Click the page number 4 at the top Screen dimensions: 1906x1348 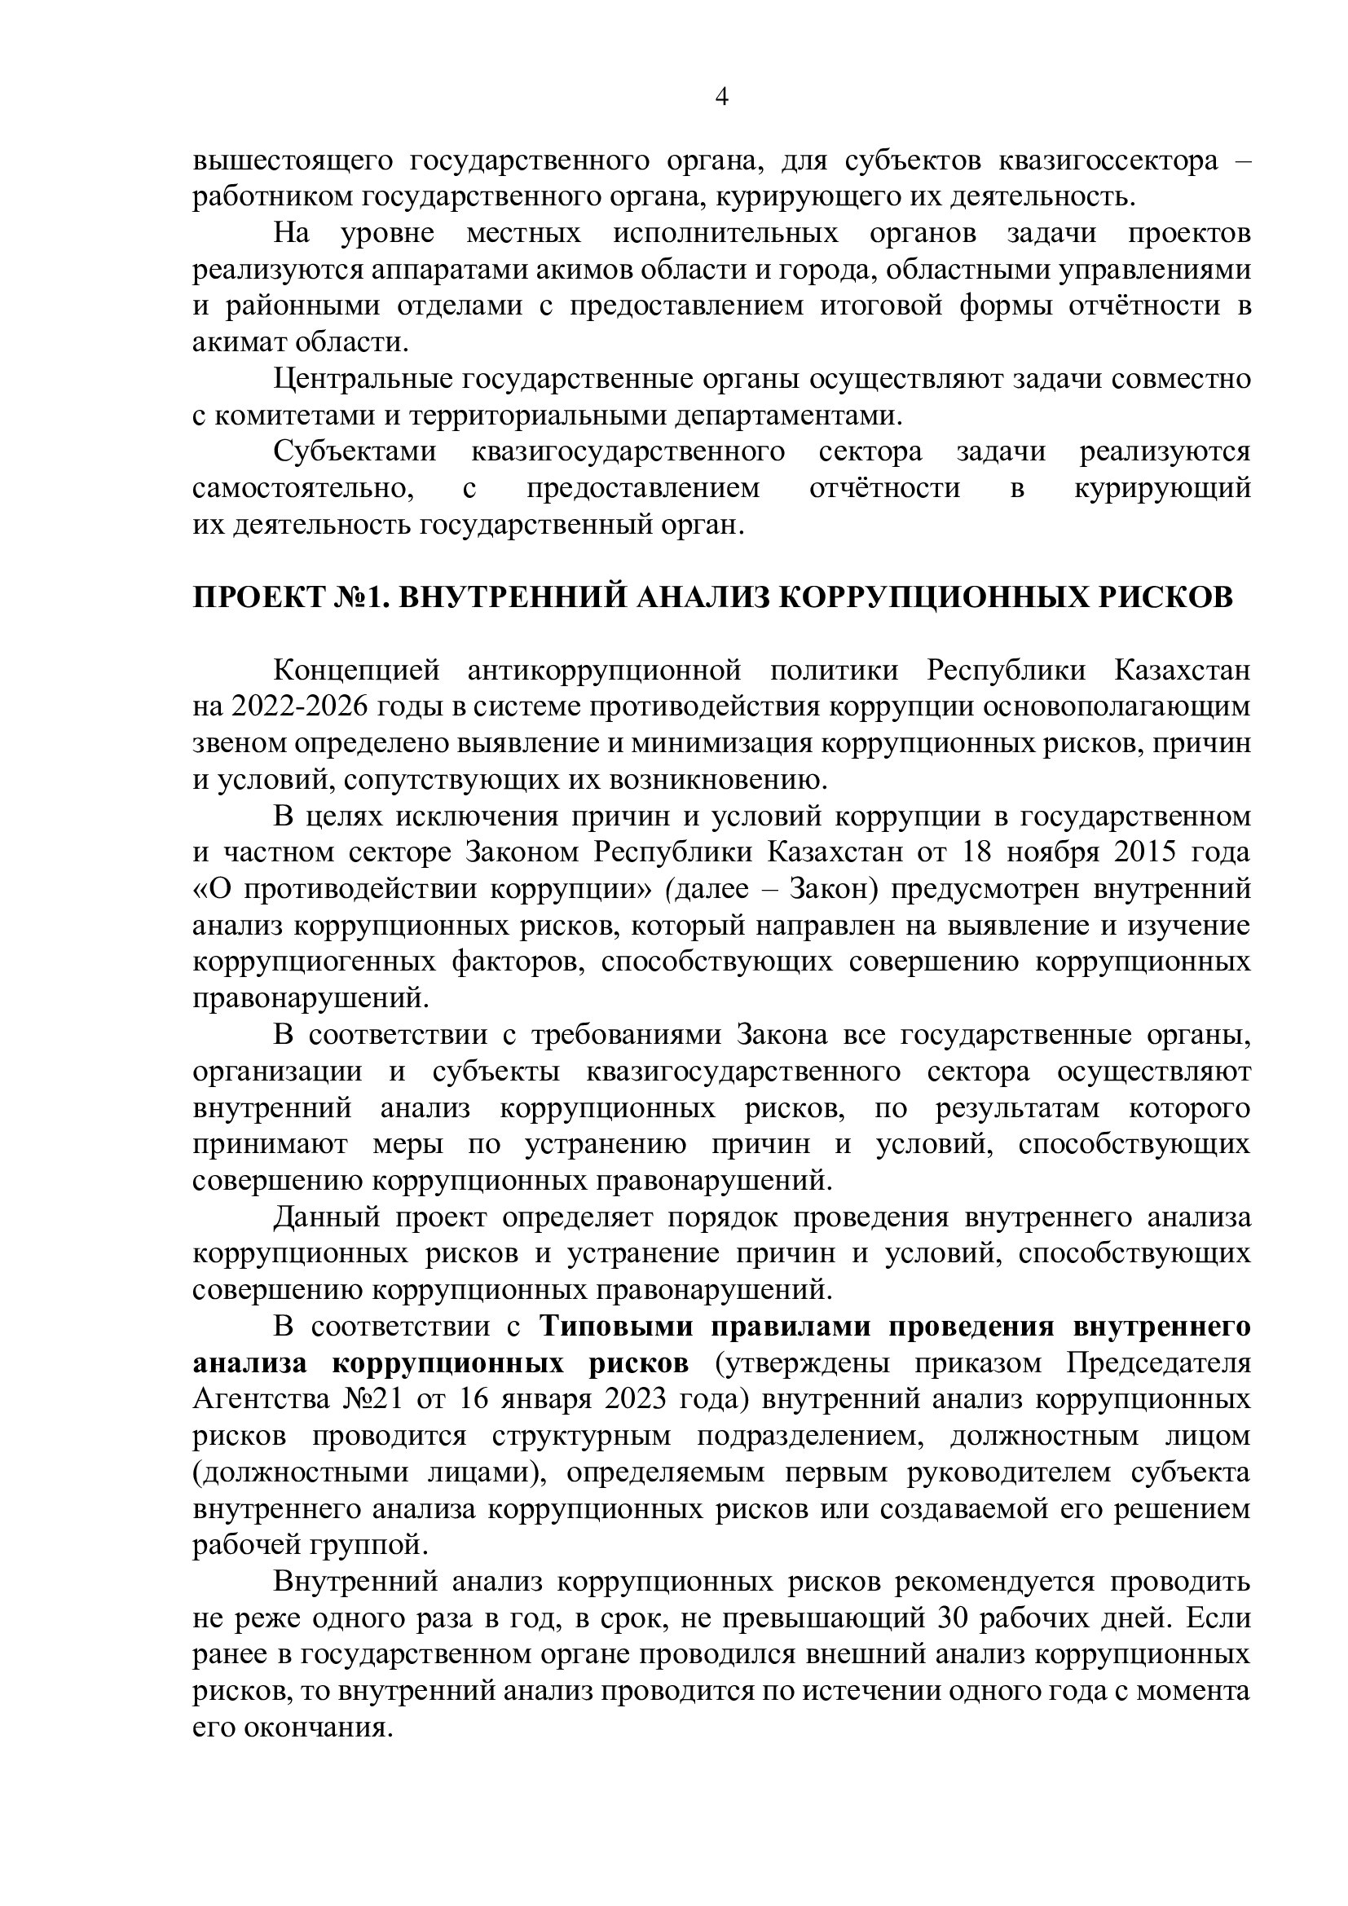coord(721,98)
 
